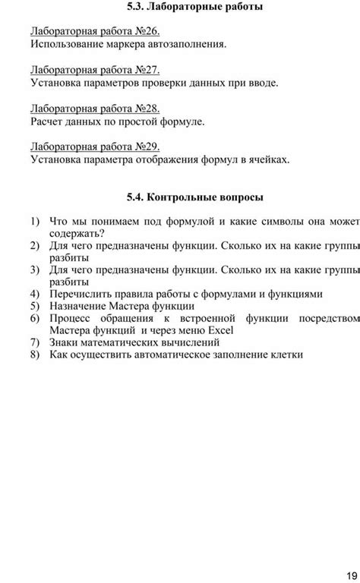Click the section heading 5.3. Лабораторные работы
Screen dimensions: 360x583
[195, 7]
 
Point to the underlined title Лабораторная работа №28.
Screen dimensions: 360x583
[95, 109]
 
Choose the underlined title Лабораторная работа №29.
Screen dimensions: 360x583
[95, 147]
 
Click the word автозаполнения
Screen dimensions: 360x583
[188, 45]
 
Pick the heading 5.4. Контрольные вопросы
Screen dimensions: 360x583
[195, 197]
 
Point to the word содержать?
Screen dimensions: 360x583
[77, 234]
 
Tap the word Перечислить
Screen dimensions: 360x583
[84, 294]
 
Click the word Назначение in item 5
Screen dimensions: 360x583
[81, 306]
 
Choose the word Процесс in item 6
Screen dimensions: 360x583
[71, 318]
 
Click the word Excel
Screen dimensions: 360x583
[219, 330]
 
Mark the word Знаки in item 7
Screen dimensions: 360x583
[65, 342]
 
